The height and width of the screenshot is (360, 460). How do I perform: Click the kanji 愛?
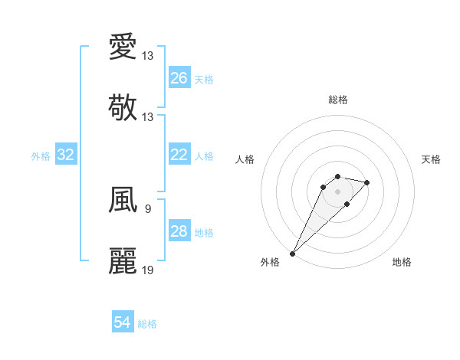click(x=123, y=47)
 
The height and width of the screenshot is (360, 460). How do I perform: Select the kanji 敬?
click(x=123, y=107)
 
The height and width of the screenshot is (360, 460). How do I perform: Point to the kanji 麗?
click(x=123, y=260)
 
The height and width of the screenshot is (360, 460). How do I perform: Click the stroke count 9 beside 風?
click(x=147, y=208)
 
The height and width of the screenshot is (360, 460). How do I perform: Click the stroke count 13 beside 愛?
click(x=148, y=56)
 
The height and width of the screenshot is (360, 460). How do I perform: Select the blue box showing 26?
click(x=179, y=78)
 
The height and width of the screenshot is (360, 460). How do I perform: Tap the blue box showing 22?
click(x=179, y=155)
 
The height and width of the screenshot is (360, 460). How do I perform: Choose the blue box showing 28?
click(x=179, y=231)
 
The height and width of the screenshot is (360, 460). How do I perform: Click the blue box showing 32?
click(x=66, y=155)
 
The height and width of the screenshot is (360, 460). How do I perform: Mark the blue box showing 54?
click(x=123, y=322)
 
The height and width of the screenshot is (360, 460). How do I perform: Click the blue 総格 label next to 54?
click(x=147, y=324)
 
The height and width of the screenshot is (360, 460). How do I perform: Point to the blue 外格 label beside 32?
click(x=41, y=156)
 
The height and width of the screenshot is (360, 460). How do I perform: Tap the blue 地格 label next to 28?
click(x=204, y=233)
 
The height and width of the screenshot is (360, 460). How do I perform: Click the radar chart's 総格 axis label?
click(x=337, y=100)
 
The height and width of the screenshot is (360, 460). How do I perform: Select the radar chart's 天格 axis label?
click(x=431, y=159)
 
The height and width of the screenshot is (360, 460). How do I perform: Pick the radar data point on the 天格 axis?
click(x=367, y=182)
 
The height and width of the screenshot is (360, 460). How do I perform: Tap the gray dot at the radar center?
click(x=337, y=191)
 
